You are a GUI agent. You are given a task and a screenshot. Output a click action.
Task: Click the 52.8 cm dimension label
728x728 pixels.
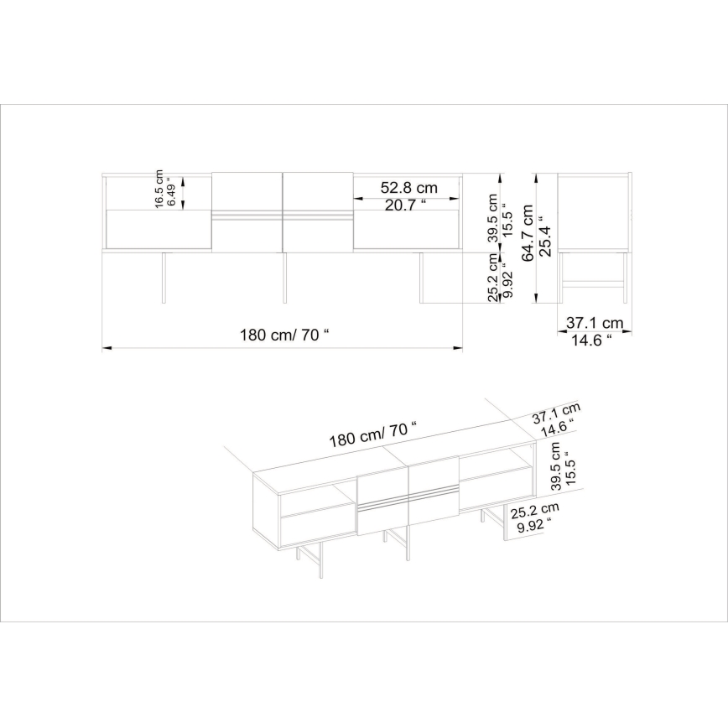tap(409, 188)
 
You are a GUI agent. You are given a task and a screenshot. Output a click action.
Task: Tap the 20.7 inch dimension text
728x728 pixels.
tap(406, 205)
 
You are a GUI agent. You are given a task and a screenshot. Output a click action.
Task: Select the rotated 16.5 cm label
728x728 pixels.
tap(158, 189)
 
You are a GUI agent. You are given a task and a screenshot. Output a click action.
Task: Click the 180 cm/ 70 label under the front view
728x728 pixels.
tap(284, 334)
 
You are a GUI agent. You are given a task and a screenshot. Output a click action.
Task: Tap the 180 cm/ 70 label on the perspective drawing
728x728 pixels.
tap(372, 434)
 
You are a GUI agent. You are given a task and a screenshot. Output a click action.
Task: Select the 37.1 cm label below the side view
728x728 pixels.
tap(594, 322)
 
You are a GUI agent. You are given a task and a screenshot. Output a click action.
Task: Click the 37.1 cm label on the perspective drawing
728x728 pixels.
tap(555, 412)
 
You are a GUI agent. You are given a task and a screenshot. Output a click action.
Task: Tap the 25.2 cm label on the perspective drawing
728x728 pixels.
tap(536, 510)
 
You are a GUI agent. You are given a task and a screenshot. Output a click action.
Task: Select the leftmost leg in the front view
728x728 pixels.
tap(165, 277)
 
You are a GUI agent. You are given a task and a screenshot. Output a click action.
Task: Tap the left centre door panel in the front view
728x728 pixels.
tap(247, 211)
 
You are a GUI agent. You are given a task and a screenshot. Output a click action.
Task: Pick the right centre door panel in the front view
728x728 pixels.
tap(318, 211)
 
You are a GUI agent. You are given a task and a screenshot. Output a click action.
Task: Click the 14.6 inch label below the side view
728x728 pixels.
tap(591, 340)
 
